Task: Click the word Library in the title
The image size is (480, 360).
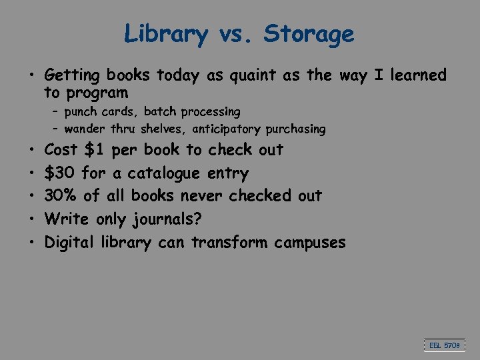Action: pyautogui.click(x=166, y=33)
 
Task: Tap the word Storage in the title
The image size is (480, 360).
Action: pyautogui.click(x=309, y=33)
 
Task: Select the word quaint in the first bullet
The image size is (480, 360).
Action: pyautogui.click(x=253, y=75)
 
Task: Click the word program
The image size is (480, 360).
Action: pyautogui.click(x=95, y=93)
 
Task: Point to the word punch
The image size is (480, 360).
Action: pyautogui.click(x=81, y=111)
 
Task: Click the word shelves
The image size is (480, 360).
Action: pyautogui.click(x=158, y=129)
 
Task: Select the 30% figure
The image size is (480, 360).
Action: pyautogui.click(x=60, y=196)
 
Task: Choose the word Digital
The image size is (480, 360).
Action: pyautogui.click(x=70, y=243)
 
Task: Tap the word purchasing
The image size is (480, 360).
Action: pyautogui.click(x=295, y=129)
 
